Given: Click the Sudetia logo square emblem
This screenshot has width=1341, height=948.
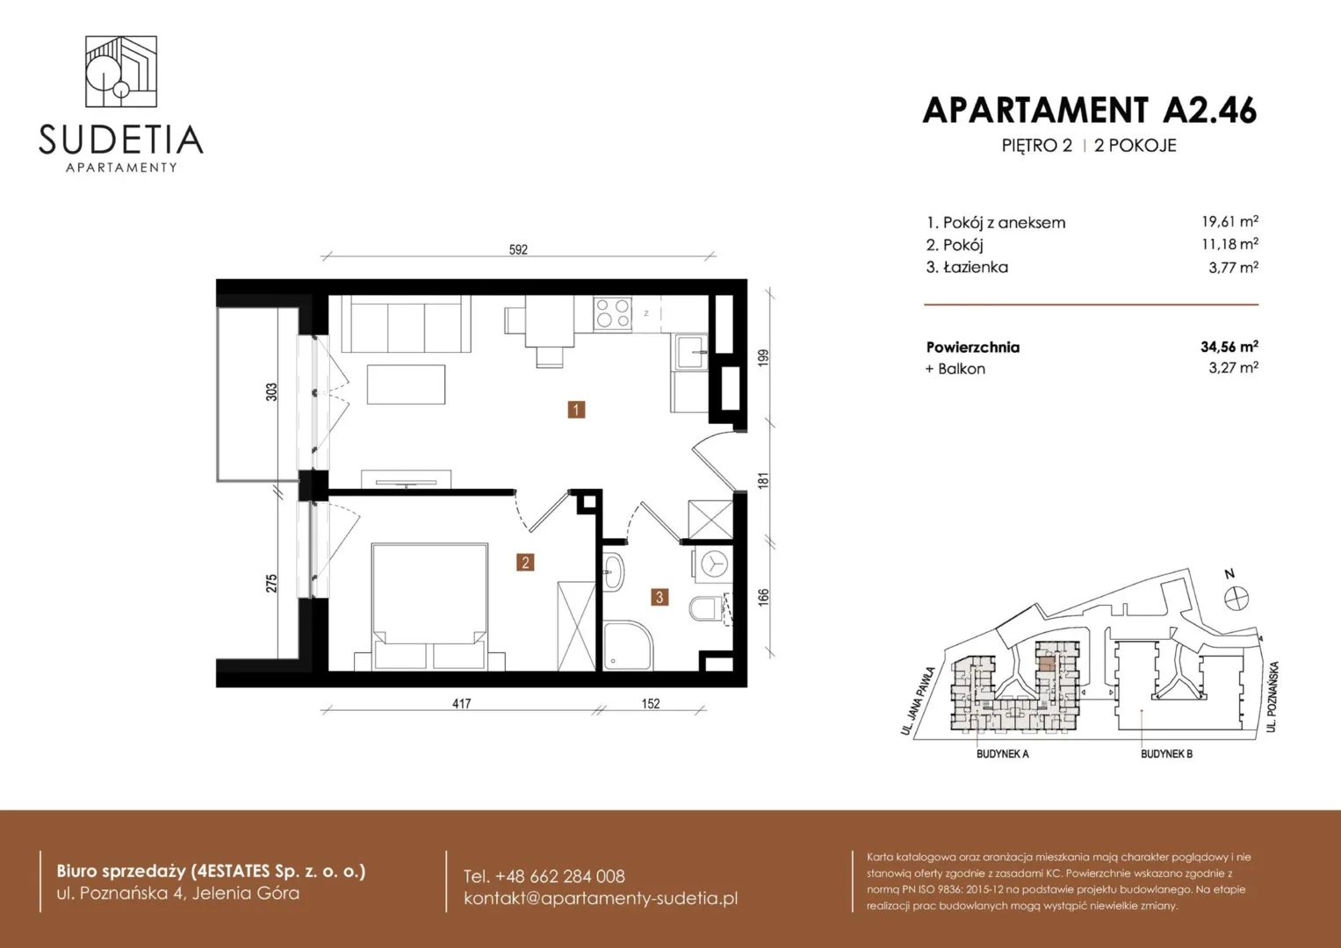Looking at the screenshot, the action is coord(121,72).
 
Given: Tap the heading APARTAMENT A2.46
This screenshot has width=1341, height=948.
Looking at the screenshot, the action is coord(1090,111).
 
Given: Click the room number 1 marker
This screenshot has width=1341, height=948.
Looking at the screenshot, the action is coord(576,410).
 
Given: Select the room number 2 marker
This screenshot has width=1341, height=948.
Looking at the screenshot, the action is coord(525,563).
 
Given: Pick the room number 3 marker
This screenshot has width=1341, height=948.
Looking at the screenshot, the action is coord(660,597).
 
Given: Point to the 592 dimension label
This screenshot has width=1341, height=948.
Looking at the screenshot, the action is coord(518,249).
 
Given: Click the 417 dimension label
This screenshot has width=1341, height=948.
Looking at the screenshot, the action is coord(462,704).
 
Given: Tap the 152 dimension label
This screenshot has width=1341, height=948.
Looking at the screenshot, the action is coord(651,704).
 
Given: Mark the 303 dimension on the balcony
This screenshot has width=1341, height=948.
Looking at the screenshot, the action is coord(271,392).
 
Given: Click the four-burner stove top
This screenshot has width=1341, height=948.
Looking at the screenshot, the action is coord(612,313).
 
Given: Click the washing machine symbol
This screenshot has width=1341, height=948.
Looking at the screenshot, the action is coord(713,564).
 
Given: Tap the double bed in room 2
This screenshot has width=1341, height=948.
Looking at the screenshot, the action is coord(429,606).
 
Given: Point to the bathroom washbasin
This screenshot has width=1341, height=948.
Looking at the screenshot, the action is coord(613,572).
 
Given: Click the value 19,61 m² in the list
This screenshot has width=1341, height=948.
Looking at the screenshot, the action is coord(1229,221).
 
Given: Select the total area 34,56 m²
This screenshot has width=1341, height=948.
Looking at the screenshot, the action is coord(1229,347).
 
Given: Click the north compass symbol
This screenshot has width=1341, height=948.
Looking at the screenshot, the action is coord(1236,598).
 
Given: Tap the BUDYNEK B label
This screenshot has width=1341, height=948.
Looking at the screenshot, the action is coord(1166,754).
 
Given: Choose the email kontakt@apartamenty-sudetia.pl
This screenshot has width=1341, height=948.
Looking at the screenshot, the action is coord(601,898).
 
